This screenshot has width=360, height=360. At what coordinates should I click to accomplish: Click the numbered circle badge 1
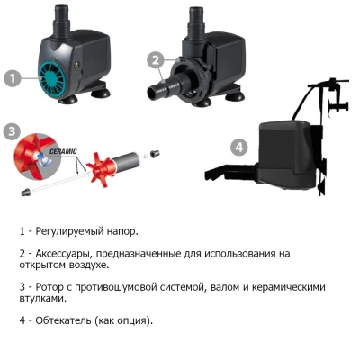pyautogui.click(x=13, y=78)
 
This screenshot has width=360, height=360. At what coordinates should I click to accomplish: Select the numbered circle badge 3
pyautogui.click(x=12, y=131)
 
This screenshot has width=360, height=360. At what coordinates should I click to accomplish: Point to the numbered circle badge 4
pyautogui.click(x=238, y=146)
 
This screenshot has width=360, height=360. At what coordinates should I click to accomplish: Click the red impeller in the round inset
pyautogui.click(x=32, y=158)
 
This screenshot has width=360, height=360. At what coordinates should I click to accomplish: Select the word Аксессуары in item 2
pyautogui.click(x=69, y=253)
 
